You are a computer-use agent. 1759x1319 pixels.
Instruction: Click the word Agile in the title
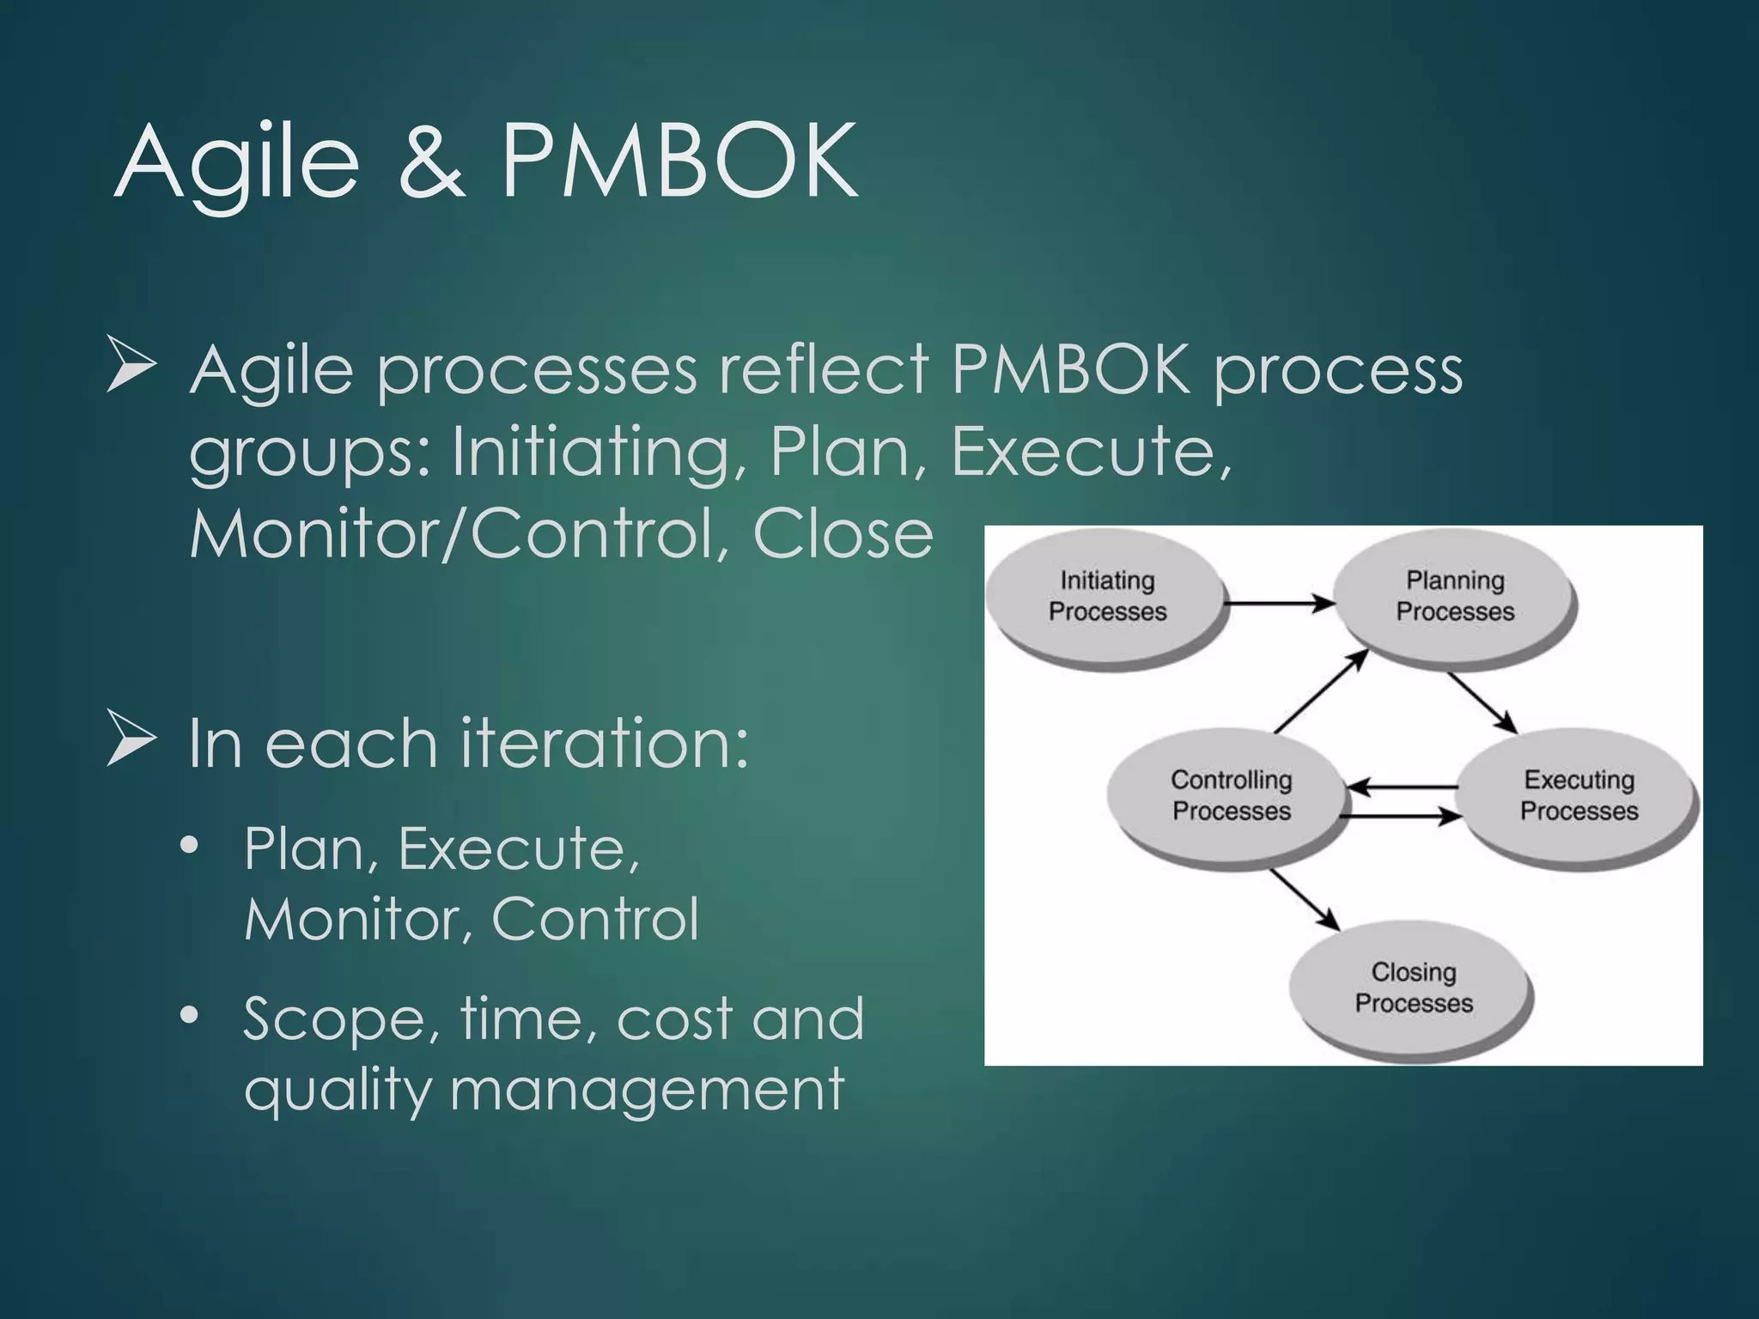click(236, 163)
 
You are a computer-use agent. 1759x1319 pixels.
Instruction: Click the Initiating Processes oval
click(1106, 596)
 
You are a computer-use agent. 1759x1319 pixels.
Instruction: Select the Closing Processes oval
click(1413, 988)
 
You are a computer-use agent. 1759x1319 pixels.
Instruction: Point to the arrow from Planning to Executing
click(1482, 702)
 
